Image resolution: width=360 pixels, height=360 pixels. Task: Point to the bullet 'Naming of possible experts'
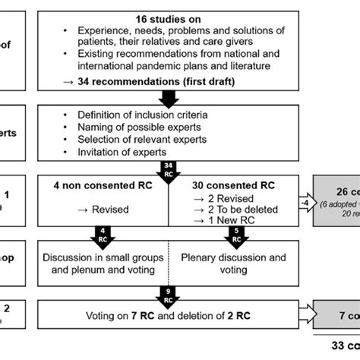147,126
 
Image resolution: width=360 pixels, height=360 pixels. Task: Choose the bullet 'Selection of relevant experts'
150,138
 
